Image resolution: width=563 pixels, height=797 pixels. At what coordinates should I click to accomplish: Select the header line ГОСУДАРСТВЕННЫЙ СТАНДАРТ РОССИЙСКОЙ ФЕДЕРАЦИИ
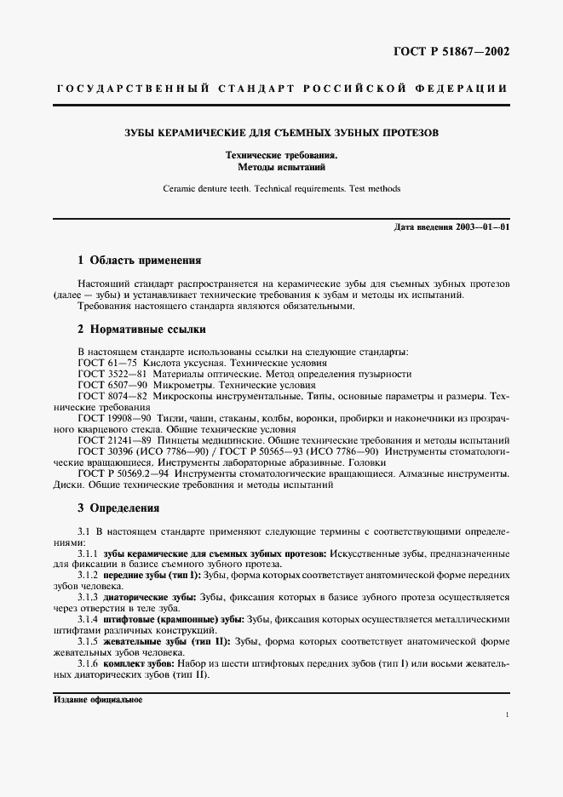[x=282, y=89]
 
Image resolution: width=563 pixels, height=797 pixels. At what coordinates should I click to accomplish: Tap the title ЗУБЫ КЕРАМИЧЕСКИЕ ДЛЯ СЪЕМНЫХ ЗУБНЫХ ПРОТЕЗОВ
[x=281, y=134]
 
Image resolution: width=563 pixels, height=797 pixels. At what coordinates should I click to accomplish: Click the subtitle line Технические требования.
[x=281, y=156]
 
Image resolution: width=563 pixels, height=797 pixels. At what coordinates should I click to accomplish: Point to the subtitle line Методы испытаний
[x=281, y=168]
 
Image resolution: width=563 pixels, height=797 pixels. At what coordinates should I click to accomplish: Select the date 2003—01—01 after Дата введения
[x=483, y=227]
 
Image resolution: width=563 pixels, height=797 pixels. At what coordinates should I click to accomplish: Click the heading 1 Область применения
[x=140, y=260]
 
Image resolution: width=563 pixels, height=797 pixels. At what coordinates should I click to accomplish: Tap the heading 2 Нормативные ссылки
[x=141, y=329]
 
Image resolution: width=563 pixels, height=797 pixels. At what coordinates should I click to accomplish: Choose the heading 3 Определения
[x=119, y=508]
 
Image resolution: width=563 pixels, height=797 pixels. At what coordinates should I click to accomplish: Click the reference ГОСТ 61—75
[x=108, y=363]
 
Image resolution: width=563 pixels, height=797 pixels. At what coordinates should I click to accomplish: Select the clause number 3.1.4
[x=89, y=619]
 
